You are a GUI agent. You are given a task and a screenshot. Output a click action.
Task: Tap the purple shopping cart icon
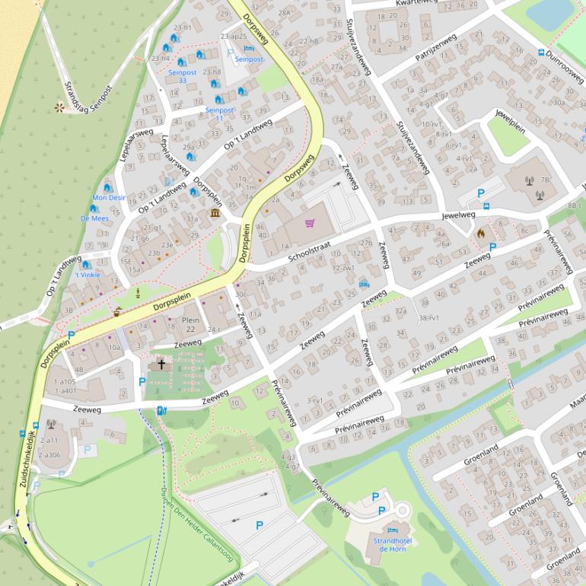(x=310, y=223)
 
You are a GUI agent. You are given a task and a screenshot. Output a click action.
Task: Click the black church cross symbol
(x=161, y=365)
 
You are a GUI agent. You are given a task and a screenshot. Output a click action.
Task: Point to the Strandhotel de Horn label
(x=393, y=544)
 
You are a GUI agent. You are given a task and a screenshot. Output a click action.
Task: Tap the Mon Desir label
(x=109, y=198)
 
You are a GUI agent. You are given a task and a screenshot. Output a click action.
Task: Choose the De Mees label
(x=94, y=218)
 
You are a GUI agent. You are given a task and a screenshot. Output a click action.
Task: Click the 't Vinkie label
(x=87, y=275)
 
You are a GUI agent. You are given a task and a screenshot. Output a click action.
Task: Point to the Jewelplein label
(x=511, y=122)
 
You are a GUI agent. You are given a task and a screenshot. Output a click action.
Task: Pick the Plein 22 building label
(x=190, y=325)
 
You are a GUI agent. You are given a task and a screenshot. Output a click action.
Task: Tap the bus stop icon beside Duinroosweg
(x=541, y=53)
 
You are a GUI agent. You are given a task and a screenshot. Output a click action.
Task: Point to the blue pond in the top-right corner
(x=549, y=11)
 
